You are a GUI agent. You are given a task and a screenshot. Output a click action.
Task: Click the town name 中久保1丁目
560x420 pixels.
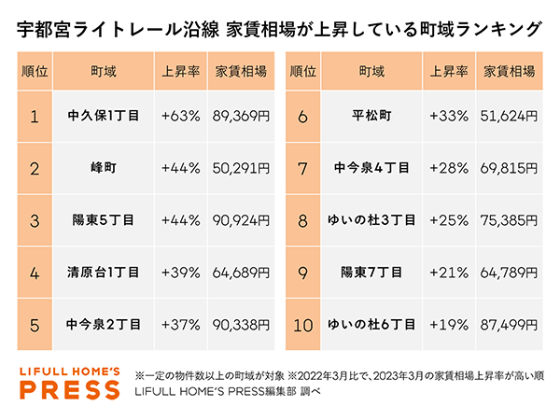(105, 117)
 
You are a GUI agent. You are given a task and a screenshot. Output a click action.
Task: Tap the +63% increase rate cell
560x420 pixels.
(180, 117)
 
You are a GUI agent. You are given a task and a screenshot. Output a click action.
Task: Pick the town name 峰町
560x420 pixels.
(105, 169)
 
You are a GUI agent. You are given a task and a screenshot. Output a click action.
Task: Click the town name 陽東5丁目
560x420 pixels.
(105, 221)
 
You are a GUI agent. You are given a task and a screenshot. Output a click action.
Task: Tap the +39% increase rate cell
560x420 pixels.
(180, 273)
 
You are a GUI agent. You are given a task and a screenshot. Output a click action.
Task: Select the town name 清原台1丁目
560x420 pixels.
(105, 273)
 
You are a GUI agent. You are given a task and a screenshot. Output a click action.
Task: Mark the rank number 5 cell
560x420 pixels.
(35, 326)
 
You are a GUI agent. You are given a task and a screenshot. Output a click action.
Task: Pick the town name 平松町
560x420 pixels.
(371, 117)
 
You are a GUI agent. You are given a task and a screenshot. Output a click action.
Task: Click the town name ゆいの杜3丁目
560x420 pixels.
(371, 221)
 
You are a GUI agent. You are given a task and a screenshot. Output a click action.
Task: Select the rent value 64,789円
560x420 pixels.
(509, 273)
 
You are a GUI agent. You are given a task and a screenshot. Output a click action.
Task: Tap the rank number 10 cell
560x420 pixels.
(302, 326)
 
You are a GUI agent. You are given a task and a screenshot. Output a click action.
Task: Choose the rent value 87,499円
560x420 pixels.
(509, 326)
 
